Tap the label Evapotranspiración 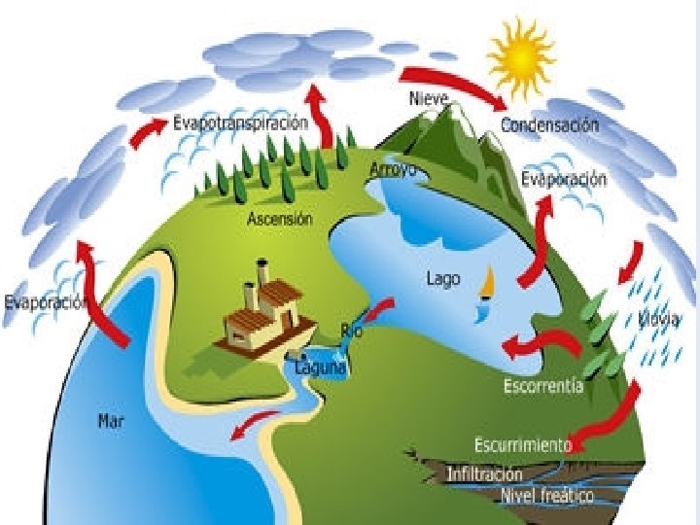click(x=240, y=123)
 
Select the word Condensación click(x=550, y=125)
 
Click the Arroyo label click(x=393, y=169)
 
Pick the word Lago click(x=442, y=278)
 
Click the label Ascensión click(x=280, y=219)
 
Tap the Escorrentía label click(x=543, y=386)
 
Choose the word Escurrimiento click(x=522, y=445)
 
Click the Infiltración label click(x=484, y=474)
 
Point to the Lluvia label click(x=660, y=318)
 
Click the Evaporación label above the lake click(x=564, y=179)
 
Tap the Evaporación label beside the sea click(x=46, y=301)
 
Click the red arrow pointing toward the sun click(x=455, y=85)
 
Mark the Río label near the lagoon click(x=352, y=330)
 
